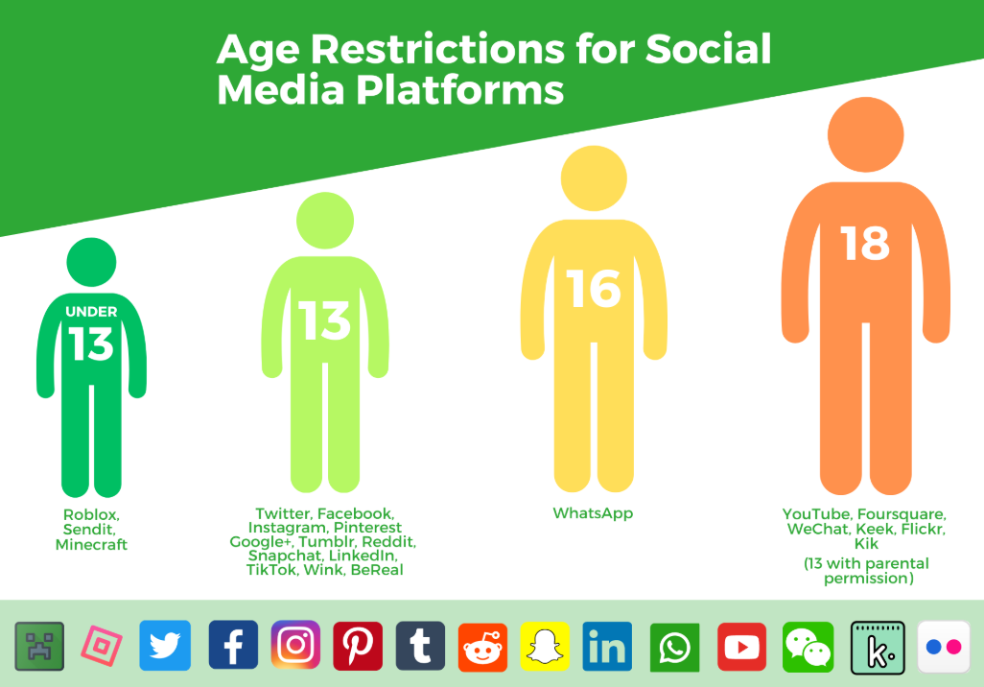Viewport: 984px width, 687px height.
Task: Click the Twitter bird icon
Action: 165,646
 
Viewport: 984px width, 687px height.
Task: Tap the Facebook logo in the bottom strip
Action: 233,646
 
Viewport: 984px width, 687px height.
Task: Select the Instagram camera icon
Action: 295,645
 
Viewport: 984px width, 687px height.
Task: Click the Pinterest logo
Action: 358,646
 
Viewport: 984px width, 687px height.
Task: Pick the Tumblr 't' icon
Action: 420,646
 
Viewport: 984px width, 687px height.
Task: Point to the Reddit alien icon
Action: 482,648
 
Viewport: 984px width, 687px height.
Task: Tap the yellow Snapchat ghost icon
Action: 545,646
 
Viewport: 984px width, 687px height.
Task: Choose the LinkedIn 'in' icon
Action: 607,646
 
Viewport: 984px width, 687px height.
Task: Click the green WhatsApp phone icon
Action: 674,648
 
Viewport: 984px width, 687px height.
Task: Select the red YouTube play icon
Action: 741,647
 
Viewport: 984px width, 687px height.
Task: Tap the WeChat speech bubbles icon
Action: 808,647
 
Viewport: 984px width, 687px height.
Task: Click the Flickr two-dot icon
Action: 944,647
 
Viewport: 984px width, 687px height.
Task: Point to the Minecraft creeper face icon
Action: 39,646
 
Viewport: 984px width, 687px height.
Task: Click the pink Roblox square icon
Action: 102,646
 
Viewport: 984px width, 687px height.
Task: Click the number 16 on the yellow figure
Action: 593,289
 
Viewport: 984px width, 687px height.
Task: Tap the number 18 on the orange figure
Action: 865,243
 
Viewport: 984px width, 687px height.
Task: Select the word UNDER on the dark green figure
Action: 91,312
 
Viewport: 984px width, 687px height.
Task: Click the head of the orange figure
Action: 865,134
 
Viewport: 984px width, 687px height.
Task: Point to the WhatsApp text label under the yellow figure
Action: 593,513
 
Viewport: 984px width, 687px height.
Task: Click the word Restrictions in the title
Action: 438,49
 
